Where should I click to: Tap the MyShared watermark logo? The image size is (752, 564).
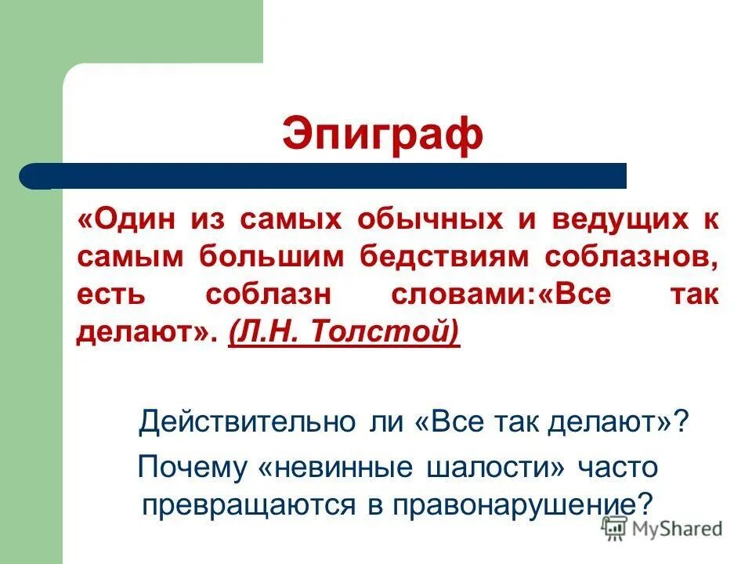pyautogui.click(x=663, y=528)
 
